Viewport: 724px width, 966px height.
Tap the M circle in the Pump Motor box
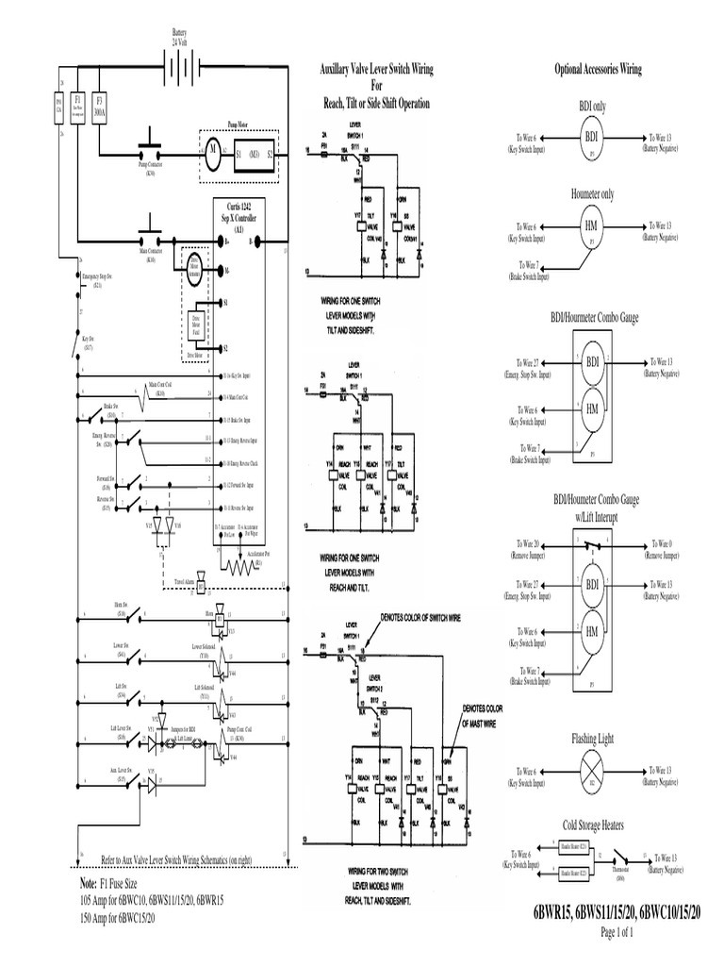coord(213,150)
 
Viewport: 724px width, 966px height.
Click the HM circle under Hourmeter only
coord(591,228)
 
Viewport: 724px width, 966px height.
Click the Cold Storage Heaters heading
coord(592,825)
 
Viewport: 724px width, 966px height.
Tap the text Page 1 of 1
coord(617,932)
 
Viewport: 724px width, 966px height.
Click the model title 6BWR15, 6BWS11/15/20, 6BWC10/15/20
coord(617,913)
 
